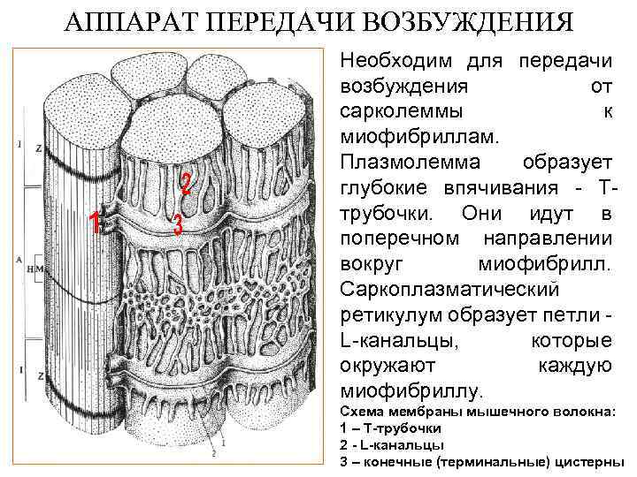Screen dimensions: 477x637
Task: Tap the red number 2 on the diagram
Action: [x=186, y=183]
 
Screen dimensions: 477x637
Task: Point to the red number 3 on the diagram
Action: [x=177, y=226]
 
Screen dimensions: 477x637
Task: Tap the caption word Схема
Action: [x=365, y=413]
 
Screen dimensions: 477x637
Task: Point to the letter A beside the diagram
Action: [x=19, y=260]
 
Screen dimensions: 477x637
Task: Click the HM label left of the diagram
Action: [x=34, y=268]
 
